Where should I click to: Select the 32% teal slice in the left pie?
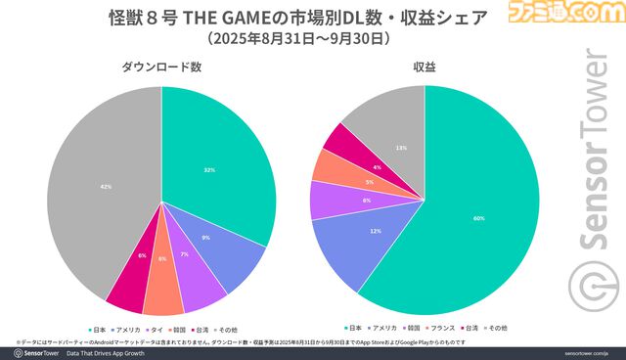(x=210, y=166)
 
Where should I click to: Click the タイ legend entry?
(x=156, y=329)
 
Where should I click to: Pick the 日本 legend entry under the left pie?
(x=97, y=329)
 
